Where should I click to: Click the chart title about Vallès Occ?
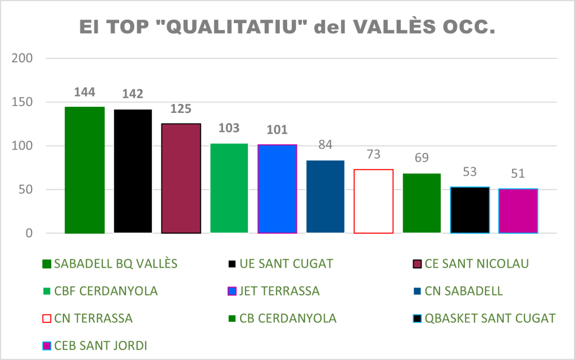287,27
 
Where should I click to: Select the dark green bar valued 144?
85,170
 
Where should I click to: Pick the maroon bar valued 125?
181,178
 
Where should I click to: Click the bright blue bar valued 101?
277,189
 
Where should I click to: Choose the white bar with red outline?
373,201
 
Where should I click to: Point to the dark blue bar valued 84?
325,196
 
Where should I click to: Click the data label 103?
229,128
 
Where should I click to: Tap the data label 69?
422,158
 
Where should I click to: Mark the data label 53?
470,171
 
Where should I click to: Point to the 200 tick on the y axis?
22,58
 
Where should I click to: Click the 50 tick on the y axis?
25,190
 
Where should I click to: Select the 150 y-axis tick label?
22,102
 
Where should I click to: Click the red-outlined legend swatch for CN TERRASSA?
47,318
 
